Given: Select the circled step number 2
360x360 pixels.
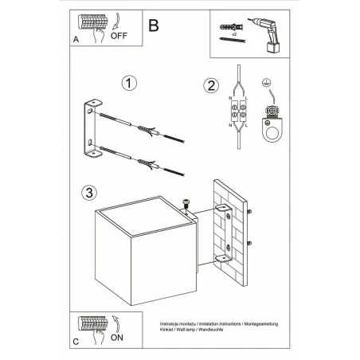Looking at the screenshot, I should [210, 86].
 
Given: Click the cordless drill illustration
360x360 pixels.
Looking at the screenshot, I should [272, 35].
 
